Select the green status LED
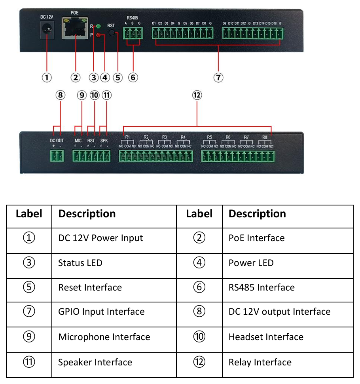(x=98, y=27)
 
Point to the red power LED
(x=98, y=35)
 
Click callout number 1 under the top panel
(x=47, y=77)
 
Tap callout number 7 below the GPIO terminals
(x=218, y=77)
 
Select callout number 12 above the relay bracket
(x=197, y=95)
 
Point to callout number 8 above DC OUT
(x=60, y=95)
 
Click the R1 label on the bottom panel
(x=127, y=137)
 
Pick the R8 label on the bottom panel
(x=265, y=137)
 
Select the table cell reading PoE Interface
(x=256, y=238)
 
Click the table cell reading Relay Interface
(x=260, y=362)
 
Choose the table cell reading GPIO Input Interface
(x=101, y=312)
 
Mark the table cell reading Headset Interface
(x=266, y=337)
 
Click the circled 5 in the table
(x=29, y=287)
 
